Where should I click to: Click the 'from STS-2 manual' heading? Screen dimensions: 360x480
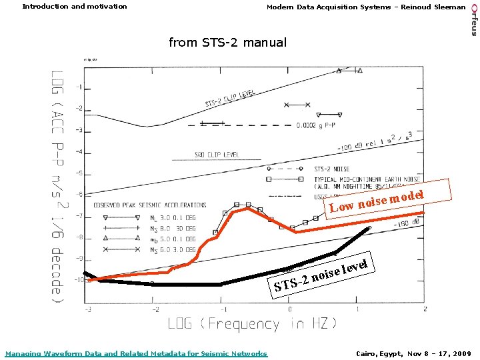point(227,43)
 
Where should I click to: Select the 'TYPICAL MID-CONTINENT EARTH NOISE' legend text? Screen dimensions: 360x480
point(367,179)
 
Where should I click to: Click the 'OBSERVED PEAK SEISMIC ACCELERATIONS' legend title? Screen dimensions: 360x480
point(150,205)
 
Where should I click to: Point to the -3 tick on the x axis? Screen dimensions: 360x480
point(88,310)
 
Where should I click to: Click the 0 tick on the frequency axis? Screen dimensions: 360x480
point(289,310)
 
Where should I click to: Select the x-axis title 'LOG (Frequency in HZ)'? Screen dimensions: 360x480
point(253,324)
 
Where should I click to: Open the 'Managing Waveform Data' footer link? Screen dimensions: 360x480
point(136,353)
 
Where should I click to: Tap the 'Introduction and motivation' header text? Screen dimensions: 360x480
point(75,7)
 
